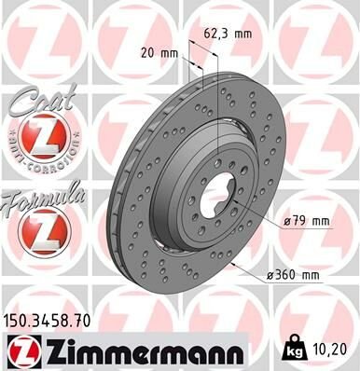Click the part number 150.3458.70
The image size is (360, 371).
[49, 321]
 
